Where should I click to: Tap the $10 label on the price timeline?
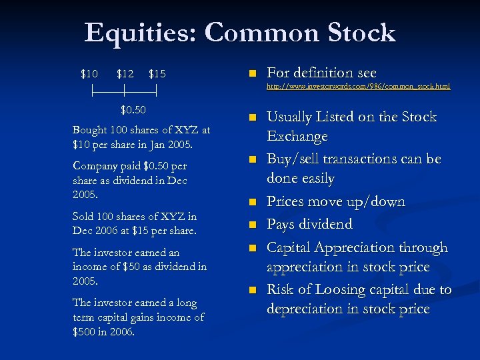[89, 73]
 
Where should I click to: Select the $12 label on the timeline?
[125, 73]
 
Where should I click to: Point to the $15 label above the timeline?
[157, 73]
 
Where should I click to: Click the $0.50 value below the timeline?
[133, 109]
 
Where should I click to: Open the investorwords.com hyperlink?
[358, 87]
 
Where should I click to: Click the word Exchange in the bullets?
[297, 137]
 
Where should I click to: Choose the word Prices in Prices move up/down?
[288, 202]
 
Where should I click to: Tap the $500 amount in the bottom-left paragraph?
[87, 332]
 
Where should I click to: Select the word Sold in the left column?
[85, 217]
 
